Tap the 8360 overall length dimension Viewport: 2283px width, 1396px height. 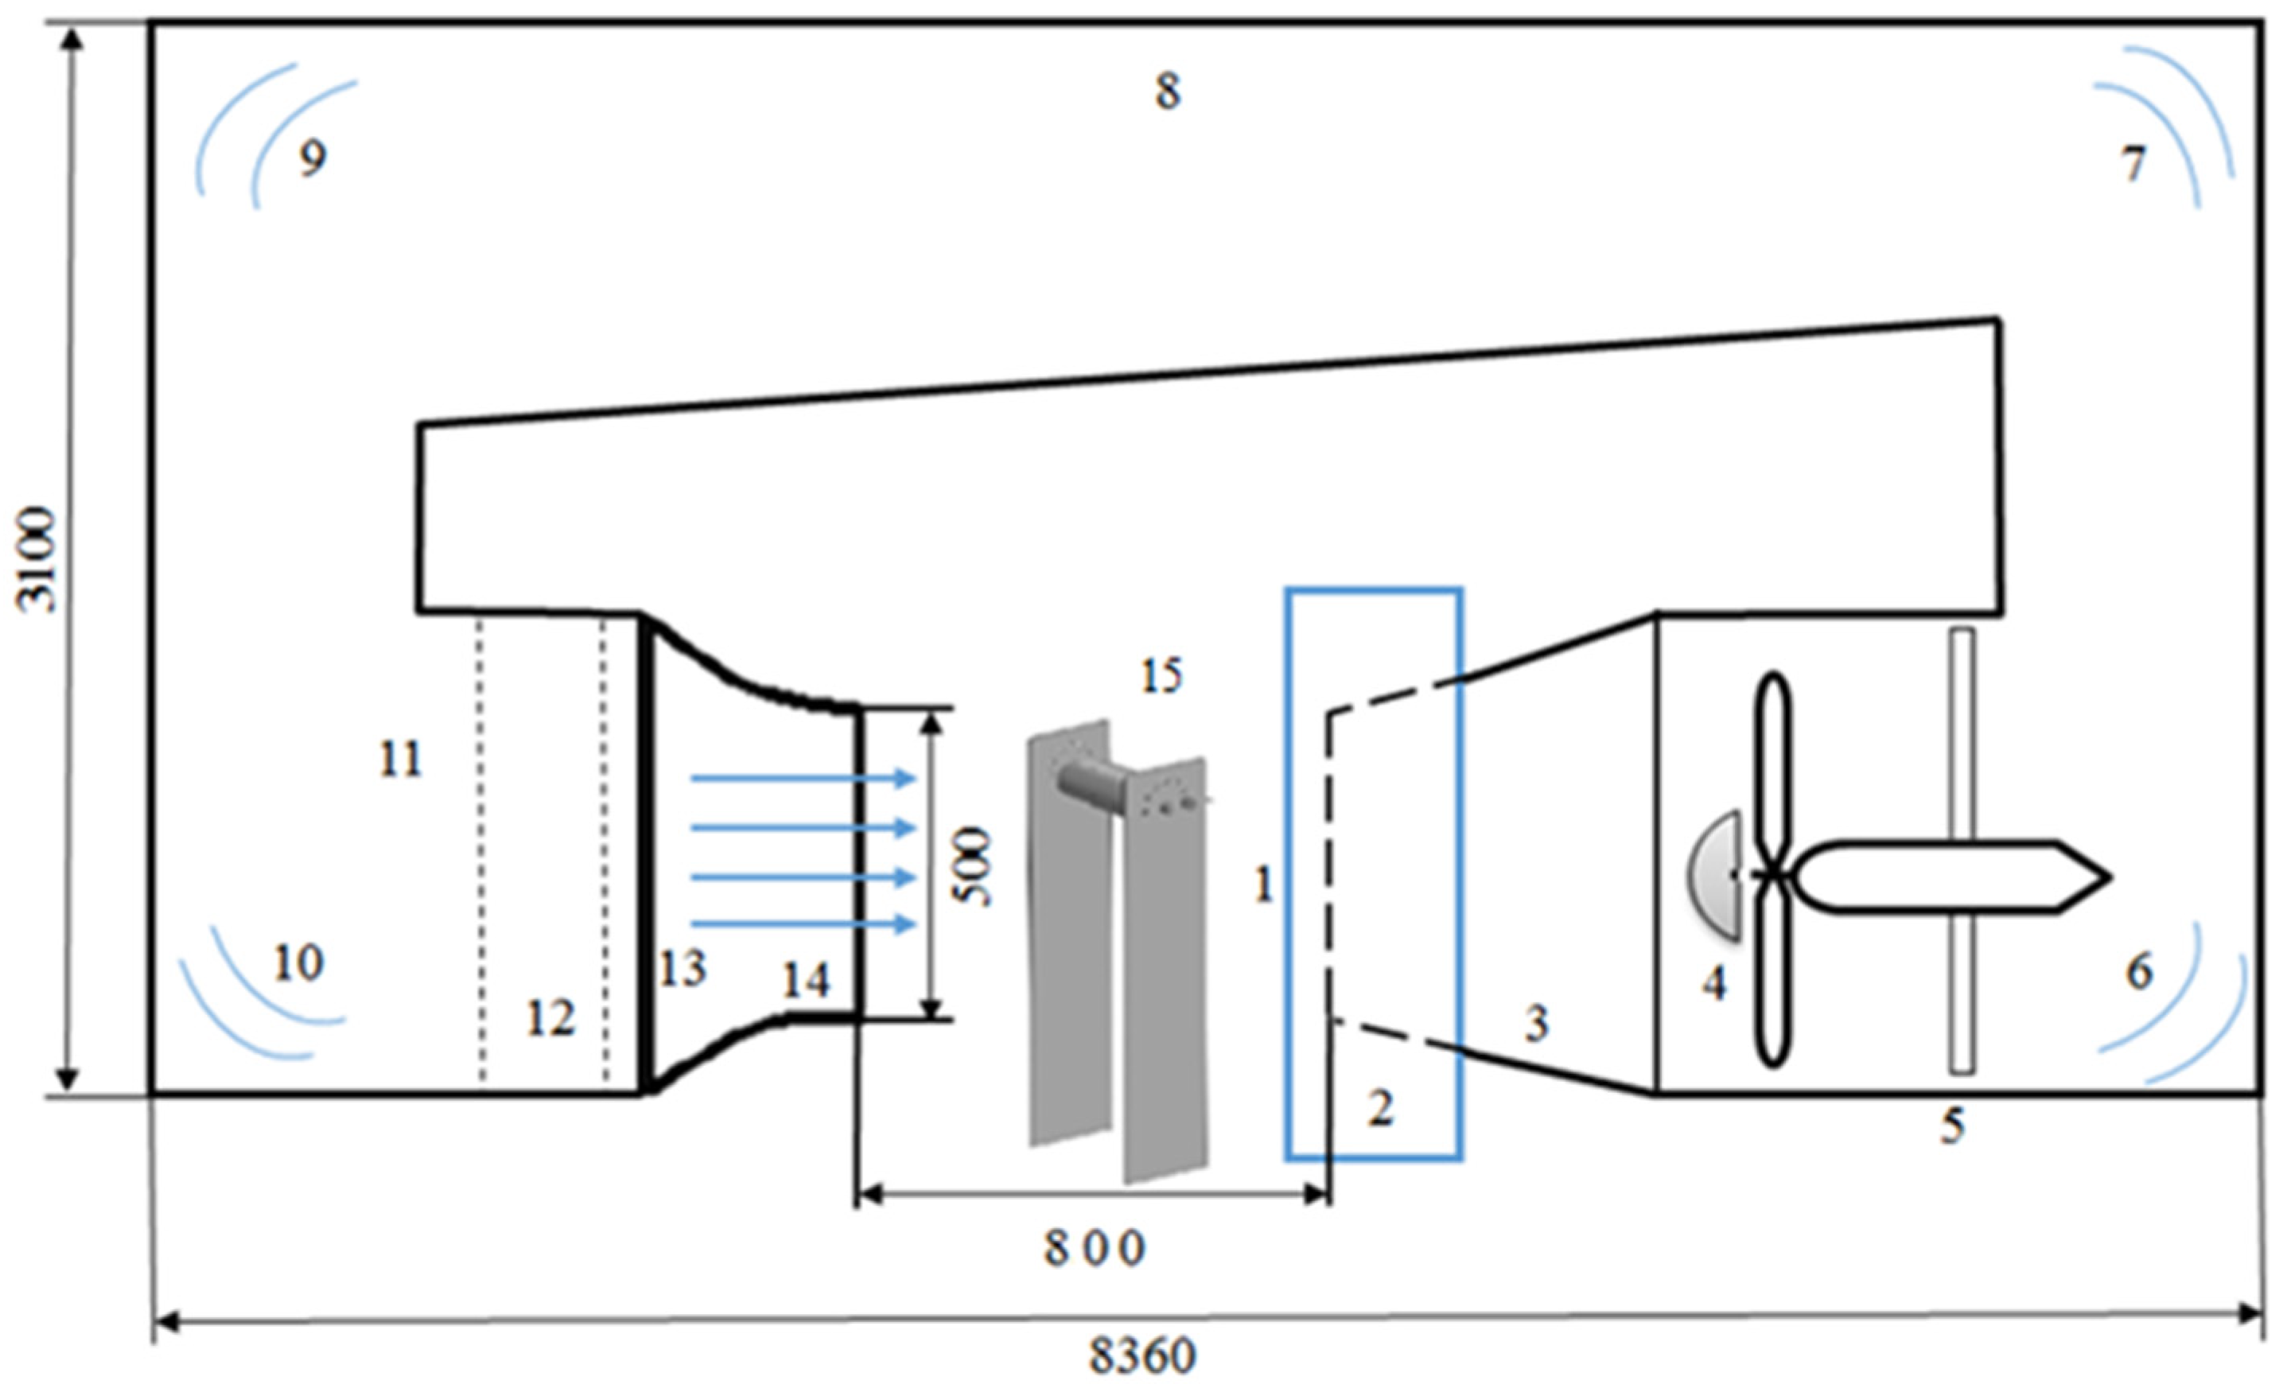[1141, 1357]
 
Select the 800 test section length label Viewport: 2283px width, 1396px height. [1095, 1250]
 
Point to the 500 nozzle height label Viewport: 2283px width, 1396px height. [974, 867]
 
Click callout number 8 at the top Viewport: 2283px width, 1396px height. [1168, 91]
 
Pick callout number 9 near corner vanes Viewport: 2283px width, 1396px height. [313, 159]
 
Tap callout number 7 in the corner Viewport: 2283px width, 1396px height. [2133, 165]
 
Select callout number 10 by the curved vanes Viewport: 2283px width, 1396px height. [298, 964]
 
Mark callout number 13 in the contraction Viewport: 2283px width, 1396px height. [683, 969]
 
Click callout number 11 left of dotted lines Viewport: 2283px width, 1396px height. [400, 760]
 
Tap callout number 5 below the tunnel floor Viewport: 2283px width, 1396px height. [1952, 1126]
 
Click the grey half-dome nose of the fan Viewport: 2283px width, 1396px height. [1714, 876]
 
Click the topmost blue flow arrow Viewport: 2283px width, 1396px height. [803, 779]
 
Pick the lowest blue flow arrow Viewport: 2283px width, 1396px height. [803, 924]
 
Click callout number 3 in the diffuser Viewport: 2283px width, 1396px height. [1536, 1024]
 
